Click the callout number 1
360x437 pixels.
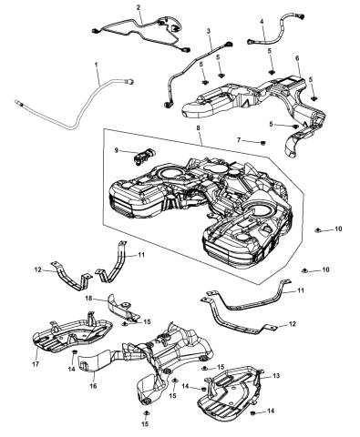point(98,66)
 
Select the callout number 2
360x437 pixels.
point(139,8)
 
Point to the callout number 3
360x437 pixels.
point(209,31)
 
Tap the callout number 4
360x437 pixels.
point(262,21)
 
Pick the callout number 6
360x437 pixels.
point(297,58)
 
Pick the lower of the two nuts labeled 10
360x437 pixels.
point(304,271)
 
